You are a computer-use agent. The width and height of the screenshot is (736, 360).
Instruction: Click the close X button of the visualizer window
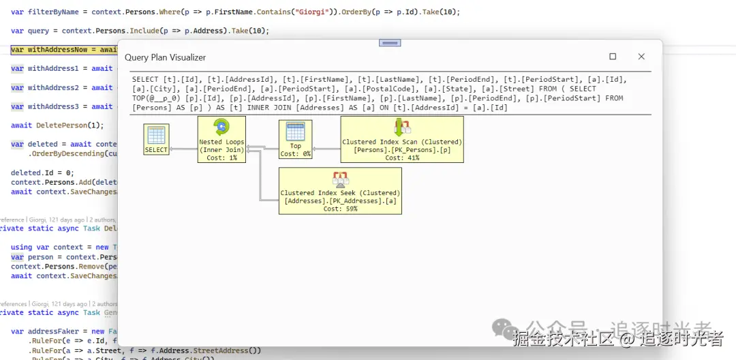click(641, 57)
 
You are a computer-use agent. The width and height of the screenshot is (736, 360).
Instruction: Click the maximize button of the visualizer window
click(613, 57)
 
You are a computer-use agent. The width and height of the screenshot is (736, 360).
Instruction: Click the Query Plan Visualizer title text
click(165, 57)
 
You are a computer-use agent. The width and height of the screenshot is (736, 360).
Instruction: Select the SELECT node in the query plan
click(156, 139)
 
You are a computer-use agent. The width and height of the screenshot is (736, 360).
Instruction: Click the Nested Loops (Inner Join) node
click(220, 139)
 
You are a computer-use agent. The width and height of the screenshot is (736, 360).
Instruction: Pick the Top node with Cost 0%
click(295, 139)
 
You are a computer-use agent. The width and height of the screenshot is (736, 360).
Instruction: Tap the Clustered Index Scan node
click(402, 139)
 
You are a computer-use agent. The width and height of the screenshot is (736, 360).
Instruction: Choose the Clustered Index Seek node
click(340, 191)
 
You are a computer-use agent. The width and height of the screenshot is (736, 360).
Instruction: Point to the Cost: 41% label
click(402, 157)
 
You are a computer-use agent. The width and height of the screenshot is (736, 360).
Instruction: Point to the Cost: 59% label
click(340, 209)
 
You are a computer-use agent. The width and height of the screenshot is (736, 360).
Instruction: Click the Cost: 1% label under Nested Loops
click(220, 157)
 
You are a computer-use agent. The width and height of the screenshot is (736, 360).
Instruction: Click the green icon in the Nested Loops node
click(221, 127)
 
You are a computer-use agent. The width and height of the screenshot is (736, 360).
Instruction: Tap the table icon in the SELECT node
click(156, 134)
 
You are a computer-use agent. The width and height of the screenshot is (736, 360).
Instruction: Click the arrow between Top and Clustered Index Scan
click(326, 149)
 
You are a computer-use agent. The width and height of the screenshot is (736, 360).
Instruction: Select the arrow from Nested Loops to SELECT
click(183, 149)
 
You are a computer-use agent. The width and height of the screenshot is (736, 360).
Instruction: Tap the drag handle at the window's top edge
click(390, 43)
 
